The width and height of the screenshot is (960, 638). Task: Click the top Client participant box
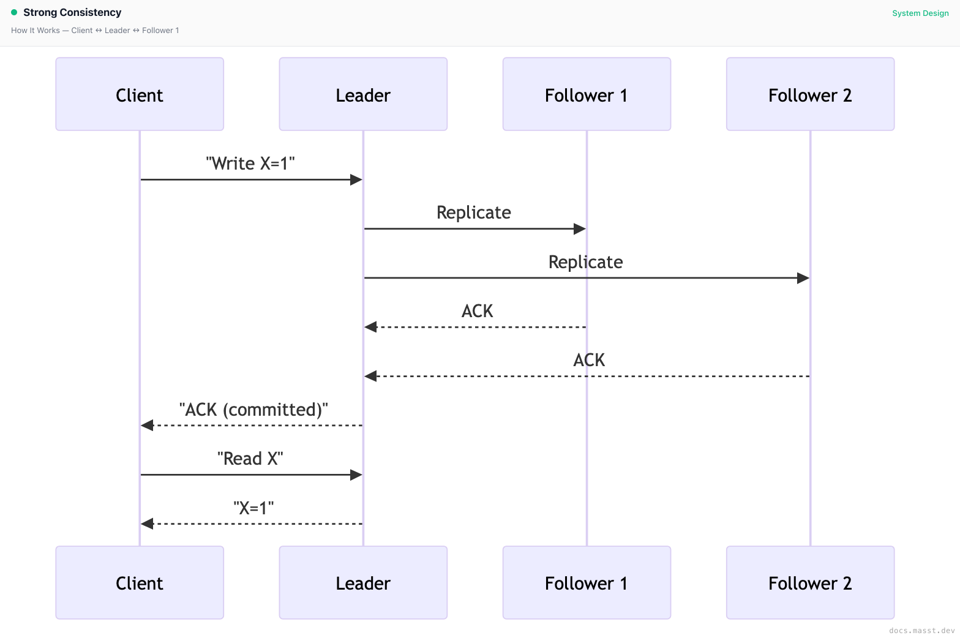pos(140,94)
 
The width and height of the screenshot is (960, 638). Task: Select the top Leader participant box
pos(363,94)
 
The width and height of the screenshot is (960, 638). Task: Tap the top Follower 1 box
pos(587,94)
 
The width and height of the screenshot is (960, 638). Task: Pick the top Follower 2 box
pos(810,94)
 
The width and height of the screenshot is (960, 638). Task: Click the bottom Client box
pos(140,583)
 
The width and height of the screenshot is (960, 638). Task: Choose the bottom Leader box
pos(363,583)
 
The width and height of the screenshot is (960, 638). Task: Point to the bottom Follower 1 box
pos(587,583)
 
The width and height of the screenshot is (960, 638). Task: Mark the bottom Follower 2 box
pos(810,583)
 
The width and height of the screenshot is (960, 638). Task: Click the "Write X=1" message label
pos(250,163)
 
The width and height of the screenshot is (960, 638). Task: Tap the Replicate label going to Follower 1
pos(474,212)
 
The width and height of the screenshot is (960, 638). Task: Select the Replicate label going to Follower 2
pos(585,262)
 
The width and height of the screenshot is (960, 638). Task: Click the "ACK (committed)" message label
pos(253,410)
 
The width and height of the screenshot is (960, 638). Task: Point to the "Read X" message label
pos(250,459)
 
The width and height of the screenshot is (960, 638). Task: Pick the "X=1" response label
pos(253,508)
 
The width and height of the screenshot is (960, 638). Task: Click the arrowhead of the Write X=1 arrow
pos(356,179)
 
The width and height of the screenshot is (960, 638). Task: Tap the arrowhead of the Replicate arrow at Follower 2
pos(803,278)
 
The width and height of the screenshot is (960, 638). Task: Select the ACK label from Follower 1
pos(477,311)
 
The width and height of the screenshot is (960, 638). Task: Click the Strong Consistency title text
pos(72,12)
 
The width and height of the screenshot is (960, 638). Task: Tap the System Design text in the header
pos(920,13)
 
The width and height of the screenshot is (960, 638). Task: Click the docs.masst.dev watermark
pos(922,630)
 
